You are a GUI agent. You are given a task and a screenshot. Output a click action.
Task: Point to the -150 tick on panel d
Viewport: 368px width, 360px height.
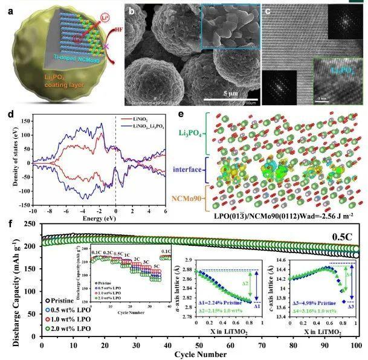click(22, 206)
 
